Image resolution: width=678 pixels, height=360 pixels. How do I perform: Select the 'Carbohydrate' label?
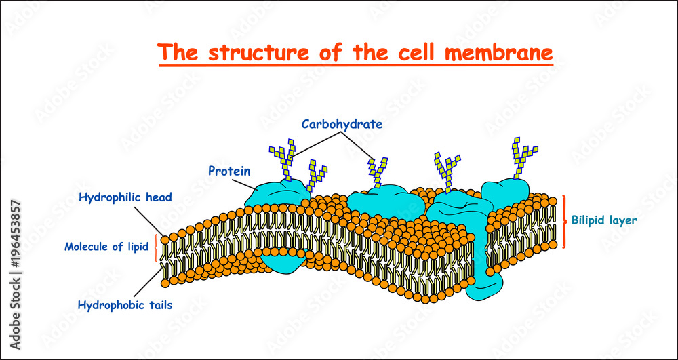[x=343, y=124]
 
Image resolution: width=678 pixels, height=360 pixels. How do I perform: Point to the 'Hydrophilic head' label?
[x=125, y=197]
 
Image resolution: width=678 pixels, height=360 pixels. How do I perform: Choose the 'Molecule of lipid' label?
[x=106, y=247]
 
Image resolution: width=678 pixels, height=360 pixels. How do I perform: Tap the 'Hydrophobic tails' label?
[x=125, y=305]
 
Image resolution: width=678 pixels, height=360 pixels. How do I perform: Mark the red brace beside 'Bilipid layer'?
[x=564, y=221]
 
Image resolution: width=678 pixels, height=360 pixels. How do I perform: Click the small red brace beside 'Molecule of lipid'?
[x=157, y=247]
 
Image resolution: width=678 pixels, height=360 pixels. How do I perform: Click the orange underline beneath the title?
[x=356, y=66]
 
